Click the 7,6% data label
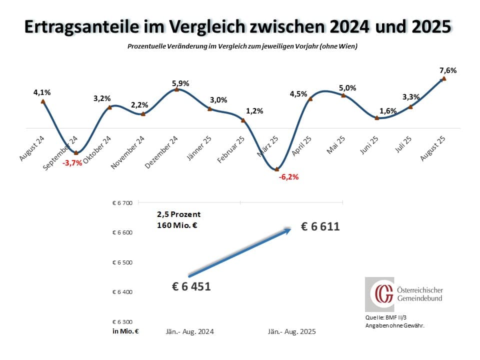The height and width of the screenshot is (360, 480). tap(448, 70)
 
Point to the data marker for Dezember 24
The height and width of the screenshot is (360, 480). tap(176, 89)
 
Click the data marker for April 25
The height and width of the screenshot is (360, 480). tap(310, 98)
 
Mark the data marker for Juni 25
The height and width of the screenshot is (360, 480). tap(377, 118)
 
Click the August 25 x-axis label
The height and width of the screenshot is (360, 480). tap(432, 145)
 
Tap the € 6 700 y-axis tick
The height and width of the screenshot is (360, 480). tap(122, 203)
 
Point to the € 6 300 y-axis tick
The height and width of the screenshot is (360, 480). tap(122, 321)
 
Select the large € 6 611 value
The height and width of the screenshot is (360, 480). tap(320, 226)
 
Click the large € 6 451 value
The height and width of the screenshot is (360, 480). tap(191, 286)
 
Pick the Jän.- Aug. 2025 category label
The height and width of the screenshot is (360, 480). tap(292, 331)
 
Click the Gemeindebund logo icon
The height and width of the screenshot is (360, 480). tap(379, 294)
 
